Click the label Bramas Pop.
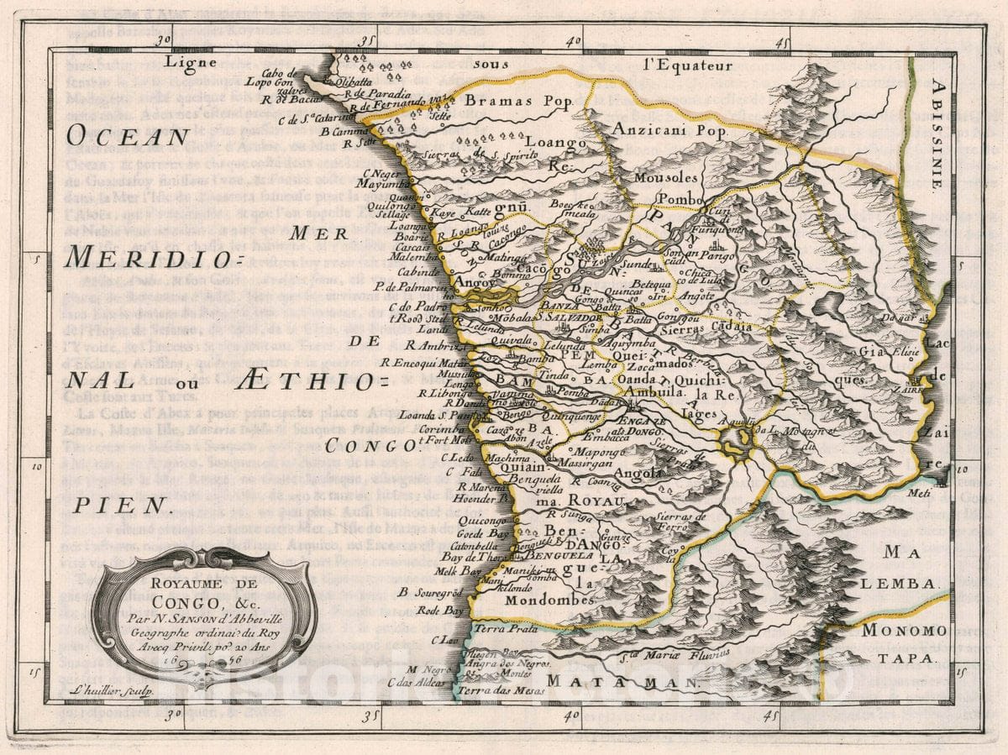coord(507,101)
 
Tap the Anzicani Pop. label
coord(668,129)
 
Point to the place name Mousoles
coord(665,178)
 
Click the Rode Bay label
coord(440,611)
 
